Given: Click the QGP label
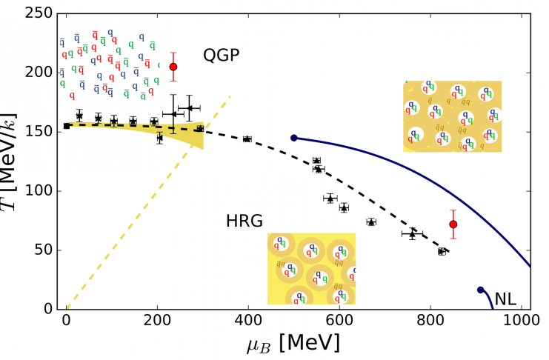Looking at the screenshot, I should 222,56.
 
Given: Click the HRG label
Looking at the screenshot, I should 244,221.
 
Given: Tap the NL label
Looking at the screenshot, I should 506,299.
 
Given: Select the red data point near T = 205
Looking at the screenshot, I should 173,67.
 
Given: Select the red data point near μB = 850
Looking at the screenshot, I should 453,224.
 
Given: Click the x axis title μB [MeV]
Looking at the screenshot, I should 293,344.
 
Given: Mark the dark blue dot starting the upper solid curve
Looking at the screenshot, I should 294,138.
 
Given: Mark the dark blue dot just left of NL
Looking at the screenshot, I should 480,290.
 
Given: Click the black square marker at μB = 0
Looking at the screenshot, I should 67,126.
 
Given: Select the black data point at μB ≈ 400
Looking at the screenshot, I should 247,139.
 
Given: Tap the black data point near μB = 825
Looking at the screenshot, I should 442,251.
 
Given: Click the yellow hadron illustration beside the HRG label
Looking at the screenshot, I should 311,268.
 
